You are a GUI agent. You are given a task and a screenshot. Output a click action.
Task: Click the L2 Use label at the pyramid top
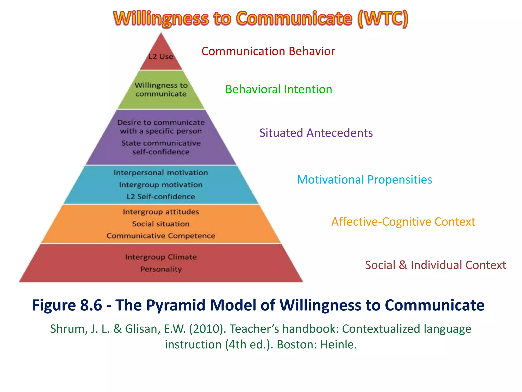[161, 56]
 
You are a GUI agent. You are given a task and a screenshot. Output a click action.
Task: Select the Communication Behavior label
[268, 51]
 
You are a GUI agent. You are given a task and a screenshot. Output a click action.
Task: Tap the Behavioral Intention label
[279, 89]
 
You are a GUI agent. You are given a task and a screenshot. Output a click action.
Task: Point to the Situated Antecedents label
[316, 133]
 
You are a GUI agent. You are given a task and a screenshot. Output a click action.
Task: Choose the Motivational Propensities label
[364, 180]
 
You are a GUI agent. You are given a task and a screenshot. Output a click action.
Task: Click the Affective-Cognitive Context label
[403, 222]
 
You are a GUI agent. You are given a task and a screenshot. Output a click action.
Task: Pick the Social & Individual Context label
[435, 265]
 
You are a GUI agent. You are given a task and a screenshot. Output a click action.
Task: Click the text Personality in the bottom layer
[161, 269]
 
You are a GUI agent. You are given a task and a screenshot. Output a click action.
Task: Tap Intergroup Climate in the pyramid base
[161, 257]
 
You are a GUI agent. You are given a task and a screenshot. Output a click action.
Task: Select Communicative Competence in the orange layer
[161, 236]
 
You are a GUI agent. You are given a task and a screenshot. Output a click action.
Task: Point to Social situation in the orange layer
[161, 224]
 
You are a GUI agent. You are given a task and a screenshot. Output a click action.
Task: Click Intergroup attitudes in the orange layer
[161, 212]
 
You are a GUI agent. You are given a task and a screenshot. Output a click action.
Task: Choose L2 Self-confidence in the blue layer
[161, 197]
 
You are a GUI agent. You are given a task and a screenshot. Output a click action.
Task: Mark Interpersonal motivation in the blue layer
[161, 173]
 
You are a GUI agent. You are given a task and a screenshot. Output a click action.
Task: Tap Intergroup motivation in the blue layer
[161, 185]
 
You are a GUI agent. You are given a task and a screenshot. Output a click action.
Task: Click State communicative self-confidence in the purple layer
[161, 148]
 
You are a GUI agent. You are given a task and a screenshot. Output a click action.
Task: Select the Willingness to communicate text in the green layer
[161, 90]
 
